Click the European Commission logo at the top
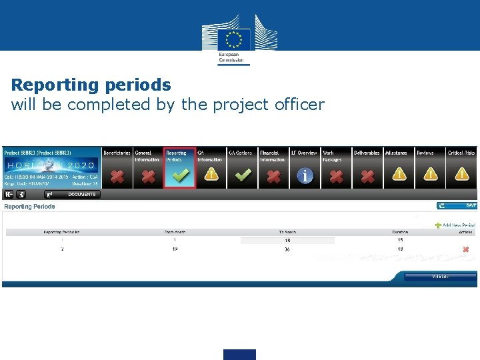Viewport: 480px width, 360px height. click(x=239, y=43)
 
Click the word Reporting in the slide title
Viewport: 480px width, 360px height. click(x=55, y=85)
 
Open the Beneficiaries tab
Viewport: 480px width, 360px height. click(x=117, y=153)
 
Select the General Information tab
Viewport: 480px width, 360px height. click(x=147, y=156)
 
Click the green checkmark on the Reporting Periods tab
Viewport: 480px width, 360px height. click(x=179, y=175)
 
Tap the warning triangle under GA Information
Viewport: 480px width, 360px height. click(x=211, y=175)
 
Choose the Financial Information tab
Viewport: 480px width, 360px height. click(x=273, y=156)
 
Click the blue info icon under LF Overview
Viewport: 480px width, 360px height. click(x=305, y=175)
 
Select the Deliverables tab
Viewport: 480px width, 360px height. click(x=367, y=153)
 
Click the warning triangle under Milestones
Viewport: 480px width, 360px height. click(x=399, y=175)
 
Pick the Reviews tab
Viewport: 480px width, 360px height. click(x=425, y=153)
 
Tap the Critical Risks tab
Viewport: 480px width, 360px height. click(x=461, y=153)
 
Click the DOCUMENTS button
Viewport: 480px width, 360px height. click(x=73, y=195)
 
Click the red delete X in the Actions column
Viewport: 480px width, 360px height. click(x=465, y=249)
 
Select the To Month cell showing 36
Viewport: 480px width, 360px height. click(x=287, y=249)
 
